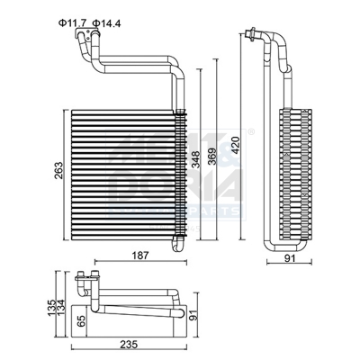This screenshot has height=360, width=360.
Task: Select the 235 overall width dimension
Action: point(131,344)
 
